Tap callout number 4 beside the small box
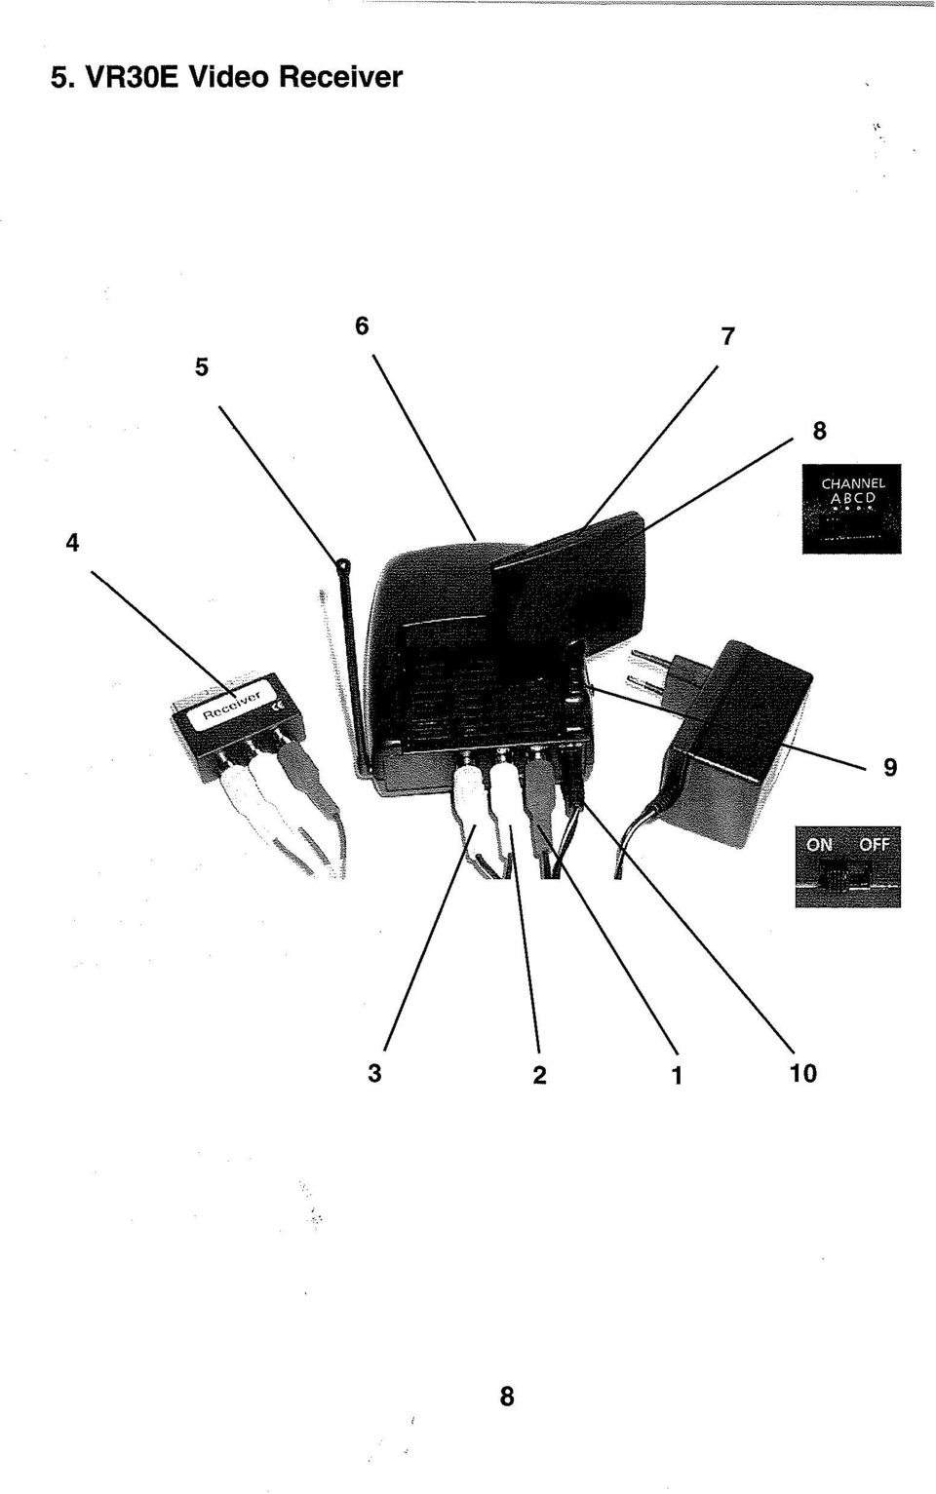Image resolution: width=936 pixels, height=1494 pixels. click(72, 543)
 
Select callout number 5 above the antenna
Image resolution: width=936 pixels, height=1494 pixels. click(202, 366)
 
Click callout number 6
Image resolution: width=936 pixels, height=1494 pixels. click(362, 326)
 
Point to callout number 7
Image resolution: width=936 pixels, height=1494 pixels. click(727, 336)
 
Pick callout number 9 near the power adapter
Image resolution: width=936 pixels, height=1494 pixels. click(890, 768)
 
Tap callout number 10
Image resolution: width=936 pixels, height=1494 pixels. click(802, 1073)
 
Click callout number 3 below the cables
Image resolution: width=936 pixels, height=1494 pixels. click(374, 1073)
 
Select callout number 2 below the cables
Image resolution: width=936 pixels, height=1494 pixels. click(539, 1075)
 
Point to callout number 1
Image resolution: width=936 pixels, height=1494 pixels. click(677, 1075)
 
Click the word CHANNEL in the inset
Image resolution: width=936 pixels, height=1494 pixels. click(853, 482)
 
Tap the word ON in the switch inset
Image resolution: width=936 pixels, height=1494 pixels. click(819, 844)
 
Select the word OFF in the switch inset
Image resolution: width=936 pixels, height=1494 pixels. click(874, 844)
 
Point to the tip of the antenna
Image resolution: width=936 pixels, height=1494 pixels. click(343, 565)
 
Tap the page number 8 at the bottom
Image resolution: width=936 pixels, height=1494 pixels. click(507, 1396)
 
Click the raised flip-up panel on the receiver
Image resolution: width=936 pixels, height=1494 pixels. click(570, 577)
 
